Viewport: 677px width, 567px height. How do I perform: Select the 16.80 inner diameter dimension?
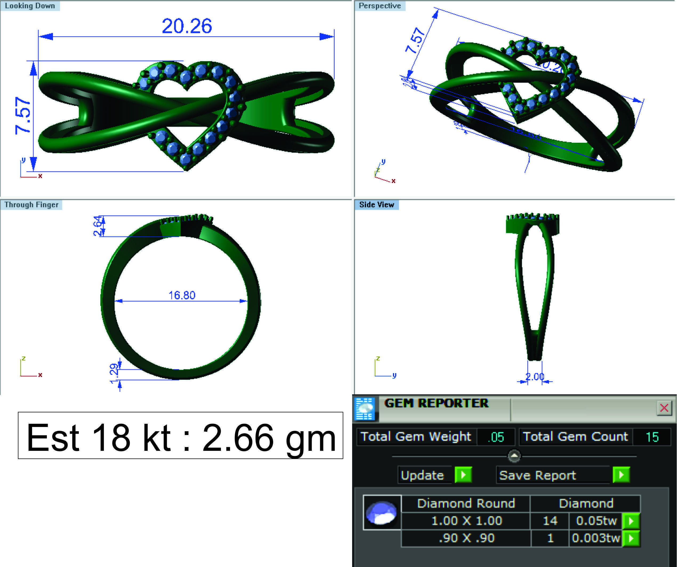pyautogui.click(x=182, y=295)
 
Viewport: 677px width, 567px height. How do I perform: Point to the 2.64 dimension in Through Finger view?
pyautogui.click(x=98, y=226)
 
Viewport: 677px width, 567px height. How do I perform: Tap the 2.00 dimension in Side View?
pyautogui.click(x=535, y=376)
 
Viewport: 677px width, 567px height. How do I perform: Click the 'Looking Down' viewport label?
pyautogui.click(x=30, y=6)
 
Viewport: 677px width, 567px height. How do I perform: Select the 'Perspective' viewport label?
pyautogui.click(x=380, y=6)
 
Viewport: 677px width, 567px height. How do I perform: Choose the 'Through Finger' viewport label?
pyautogui.click(x=31, y=205)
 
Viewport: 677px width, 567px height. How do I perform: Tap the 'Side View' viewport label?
pyautogui.click(x=377, y=205)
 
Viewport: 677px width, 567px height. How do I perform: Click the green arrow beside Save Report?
pyautogui.click(x=621, y=475)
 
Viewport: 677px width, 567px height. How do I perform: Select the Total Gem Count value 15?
pyautogui.click(x=652, y=437)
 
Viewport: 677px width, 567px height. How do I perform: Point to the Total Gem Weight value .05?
pyautogui.click(x=496, y=437)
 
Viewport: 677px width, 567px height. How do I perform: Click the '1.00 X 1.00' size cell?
pyautogui.click(x=466, y=521)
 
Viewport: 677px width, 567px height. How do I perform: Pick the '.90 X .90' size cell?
pyautogui.click(x=466, y=538)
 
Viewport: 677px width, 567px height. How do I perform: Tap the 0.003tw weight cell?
pyautogui.click(x=595, y=538)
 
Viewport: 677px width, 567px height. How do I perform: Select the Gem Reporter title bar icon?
pyautogui.click(x=365, y=409)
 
